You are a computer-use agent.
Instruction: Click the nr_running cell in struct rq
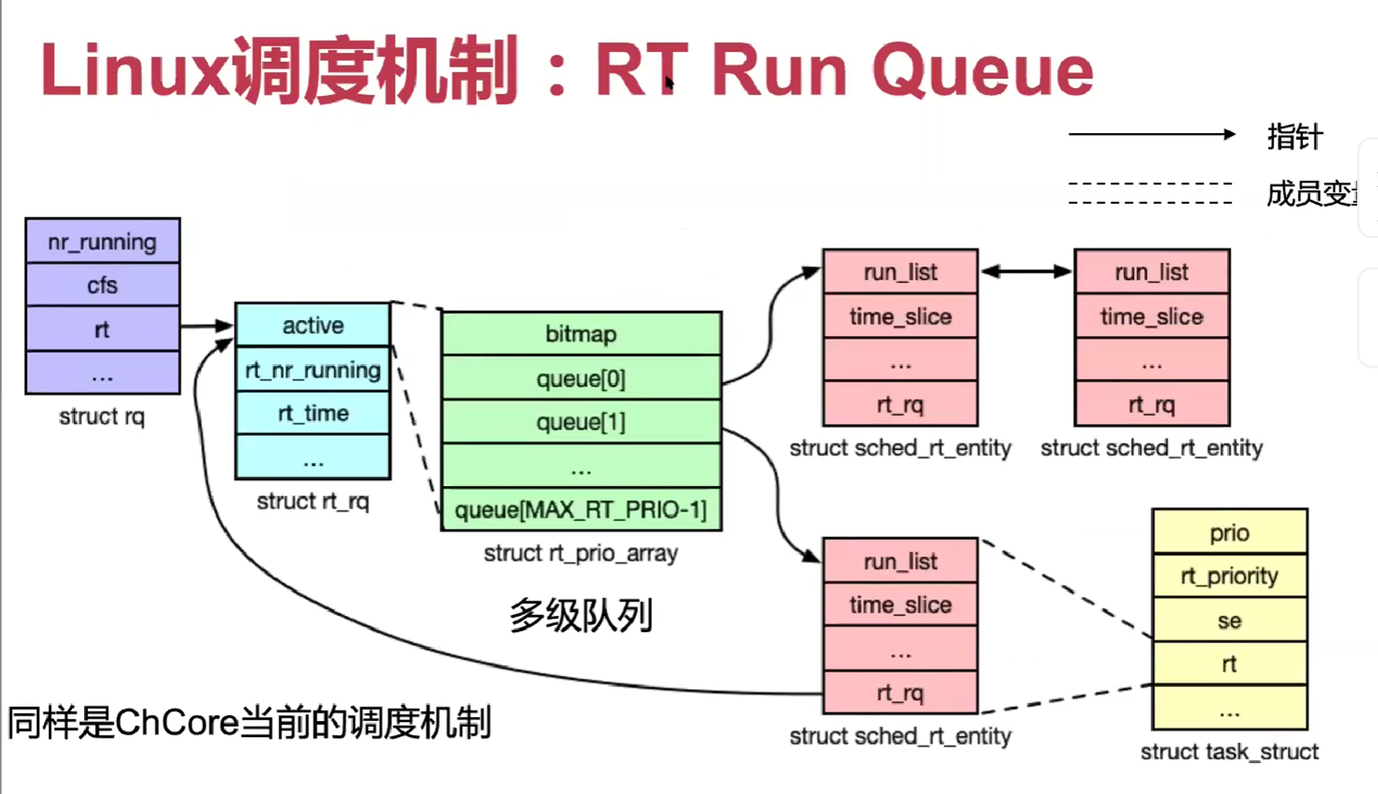(103, 241)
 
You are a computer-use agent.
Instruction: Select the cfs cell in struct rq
(103, 285)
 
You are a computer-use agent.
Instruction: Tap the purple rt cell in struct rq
(103, 329)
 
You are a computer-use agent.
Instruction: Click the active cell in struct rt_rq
(313, 325)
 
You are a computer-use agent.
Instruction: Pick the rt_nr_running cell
(313, 370)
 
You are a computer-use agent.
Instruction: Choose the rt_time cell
(313, 413)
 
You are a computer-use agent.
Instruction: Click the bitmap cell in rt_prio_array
(581, 334)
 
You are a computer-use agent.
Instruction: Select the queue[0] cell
(581, 379)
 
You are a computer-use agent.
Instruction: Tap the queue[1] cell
(581, 422)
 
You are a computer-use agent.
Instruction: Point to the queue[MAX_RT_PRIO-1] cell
(581, 510)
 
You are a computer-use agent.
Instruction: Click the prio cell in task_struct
(1229, 533)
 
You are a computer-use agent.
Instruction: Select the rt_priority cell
(1229, 576)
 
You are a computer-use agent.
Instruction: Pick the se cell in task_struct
(1229, 620)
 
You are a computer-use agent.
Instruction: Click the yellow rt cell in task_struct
(1229, 663)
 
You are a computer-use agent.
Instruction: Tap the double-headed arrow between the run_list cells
(1026, 272)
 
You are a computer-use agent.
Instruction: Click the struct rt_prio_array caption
(581, 553)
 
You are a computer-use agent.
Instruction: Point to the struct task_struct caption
(1229, 751)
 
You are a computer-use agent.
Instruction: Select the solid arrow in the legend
(1151, 135)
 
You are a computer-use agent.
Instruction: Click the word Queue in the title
(983, 71)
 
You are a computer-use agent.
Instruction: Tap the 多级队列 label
(581, 616)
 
